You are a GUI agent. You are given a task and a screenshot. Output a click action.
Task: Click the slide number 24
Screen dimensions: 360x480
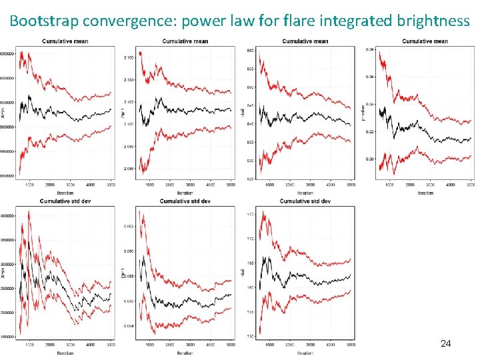pos(446,343)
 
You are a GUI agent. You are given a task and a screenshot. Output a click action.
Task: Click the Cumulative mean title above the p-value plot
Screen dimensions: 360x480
pos(425,41)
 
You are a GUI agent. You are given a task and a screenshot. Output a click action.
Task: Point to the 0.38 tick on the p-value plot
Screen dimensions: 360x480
pos(370,49)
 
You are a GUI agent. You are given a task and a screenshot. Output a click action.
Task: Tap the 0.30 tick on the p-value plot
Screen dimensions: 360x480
pos(370,159)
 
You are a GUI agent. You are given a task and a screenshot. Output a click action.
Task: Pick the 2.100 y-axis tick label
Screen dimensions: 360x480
pos(129,124)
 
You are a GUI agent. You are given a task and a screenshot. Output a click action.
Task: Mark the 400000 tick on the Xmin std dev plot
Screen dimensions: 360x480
pos(9,215)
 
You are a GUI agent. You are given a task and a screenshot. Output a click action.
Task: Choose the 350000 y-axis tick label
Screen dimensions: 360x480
pos(9,240)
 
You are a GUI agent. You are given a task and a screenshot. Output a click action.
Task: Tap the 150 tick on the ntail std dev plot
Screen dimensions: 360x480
pos(251,337)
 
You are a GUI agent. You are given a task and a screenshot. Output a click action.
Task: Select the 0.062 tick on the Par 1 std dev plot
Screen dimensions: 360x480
pos(129,227)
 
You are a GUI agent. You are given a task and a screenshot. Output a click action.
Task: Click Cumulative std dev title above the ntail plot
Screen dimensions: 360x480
pos(305,201)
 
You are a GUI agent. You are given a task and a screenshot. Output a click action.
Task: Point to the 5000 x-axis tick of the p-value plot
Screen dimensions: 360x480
pos(471,186)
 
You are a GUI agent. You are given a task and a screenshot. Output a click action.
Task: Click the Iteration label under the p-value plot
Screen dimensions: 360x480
pos(425,193)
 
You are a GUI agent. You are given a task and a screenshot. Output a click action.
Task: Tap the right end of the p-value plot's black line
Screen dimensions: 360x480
pos(471,138)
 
